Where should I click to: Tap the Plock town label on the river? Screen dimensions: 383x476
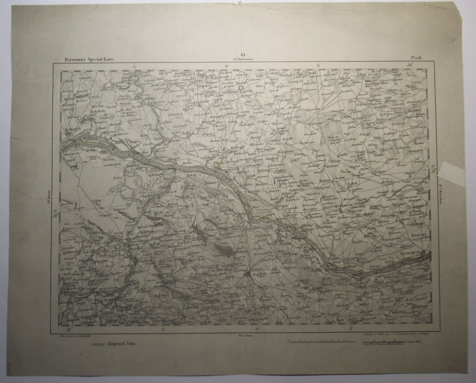pos(218,164)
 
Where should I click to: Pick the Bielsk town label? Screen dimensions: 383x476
pos(240,83)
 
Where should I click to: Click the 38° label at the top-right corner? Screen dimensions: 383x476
pos(410,66)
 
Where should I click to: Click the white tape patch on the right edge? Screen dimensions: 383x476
pos(453,173)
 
